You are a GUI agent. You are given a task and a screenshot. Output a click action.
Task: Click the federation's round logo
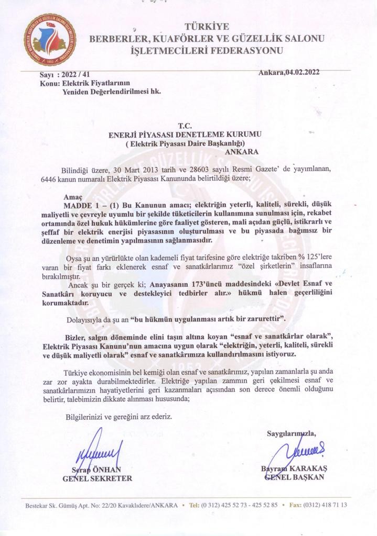50,40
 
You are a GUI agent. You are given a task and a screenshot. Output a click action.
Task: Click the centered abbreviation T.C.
185,126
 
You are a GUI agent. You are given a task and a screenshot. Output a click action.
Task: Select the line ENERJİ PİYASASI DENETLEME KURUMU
185,135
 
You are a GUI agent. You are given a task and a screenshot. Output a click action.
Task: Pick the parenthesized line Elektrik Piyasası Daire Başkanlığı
185,143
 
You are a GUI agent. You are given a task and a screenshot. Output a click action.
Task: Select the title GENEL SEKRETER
98,478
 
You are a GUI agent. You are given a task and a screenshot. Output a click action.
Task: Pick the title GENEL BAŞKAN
294,477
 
